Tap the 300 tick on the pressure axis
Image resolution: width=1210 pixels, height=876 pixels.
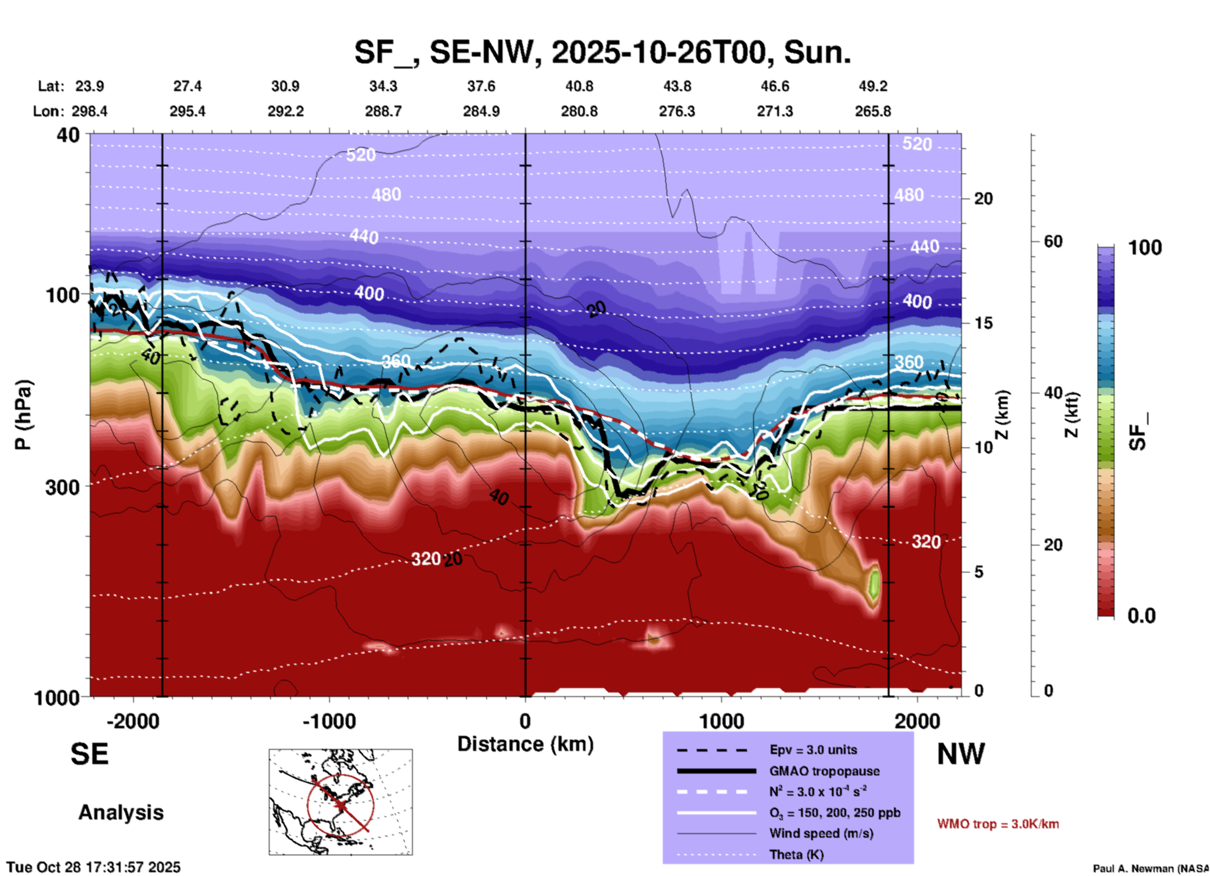click(x=63, y=487)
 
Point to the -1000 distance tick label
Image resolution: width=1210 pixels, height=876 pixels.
click(x=329, y=721)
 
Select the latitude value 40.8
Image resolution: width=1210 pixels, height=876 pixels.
click(x=579, y=86)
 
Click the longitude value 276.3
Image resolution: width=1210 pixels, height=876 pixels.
click(x=677, y=111)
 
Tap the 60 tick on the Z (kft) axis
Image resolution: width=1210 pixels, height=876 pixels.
click(x=1053, y=241)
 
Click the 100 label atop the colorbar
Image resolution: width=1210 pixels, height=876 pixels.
click(x=1145, y=248)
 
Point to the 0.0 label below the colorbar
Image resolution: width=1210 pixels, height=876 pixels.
click(x=1142, y=616)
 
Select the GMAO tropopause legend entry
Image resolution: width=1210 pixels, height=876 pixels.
click(x=824, y=771)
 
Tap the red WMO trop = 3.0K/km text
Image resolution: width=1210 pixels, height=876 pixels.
click(x=998, y=824)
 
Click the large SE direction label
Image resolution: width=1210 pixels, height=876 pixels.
click(x=89, y=754)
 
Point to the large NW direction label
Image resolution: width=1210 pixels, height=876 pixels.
click(x=961, y=754)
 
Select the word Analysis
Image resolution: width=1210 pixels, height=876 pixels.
click(x=121, y=813)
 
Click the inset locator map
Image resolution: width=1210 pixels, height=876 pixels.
click(x=341, y=801)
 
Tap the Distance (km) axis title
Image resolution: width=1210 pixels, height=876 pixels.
click(x=525, y=744)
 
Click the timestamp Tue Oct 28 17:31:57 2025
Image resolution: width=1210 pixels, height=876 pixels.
click(x=94, y=867)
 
